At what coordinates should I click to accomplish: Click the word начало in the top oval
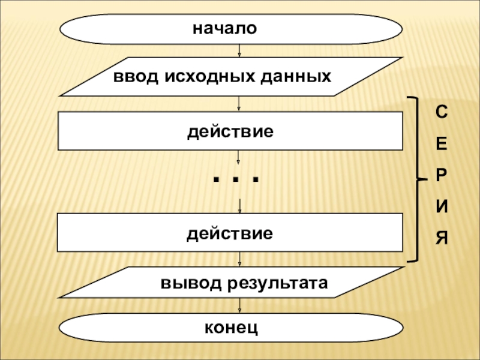[x=224, y=28]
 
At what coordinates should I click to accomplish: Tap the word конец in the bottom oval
[x=231, y=328]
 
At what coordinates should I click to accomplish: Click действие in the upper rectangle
[x=230, y=130]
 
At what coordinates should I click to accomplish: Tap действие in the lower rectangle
[x=230, y=232]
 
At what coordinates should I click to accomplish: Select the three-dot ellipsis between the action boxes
[x=236, y=179]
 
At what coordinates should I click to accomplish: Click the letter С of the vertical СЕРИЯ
[x=441, y=112]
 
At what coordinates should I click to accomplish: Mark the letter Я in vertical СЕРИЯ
[x=441, y=238]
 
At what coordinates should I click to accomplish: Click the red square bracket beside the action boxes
[x=416, y=178]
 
